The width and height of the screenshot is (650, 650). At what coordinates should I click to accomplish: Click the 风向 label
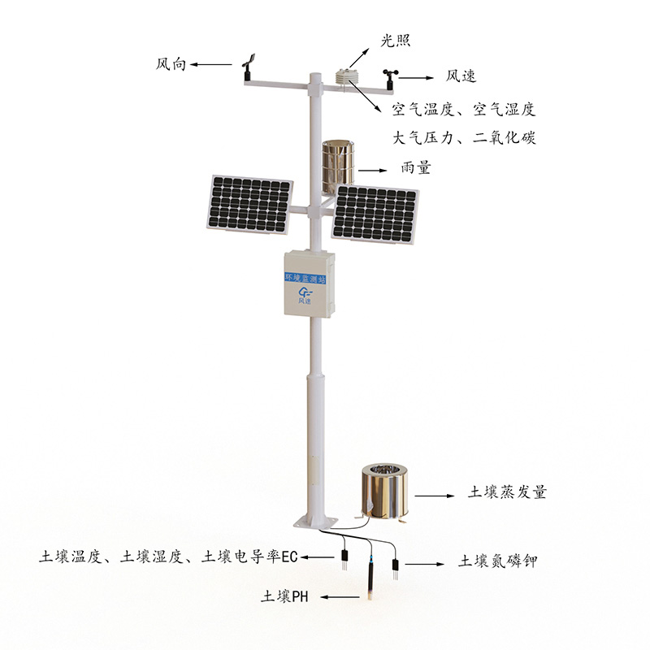point(171,64)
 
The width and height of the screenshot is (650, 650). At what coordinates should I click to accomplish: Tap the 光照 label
point(396,41)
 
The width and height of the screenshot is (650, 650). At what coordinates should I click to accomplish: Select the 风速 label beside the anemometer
point(461,76)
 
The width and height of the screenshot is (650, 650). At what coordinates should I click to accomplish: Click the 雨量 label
point(416,167)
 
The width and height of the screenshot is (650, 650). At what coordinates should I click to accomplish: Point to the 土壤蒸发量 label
point(507,492)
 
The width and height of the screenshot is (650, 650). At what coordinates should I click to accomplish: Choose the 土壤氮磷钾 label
point(497,561)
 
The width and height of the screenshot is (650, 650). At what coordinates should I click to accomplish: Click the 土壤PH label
point(285,597)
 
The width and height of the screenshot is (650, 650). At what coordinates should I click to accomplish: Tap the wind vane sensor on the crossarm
point(248,67)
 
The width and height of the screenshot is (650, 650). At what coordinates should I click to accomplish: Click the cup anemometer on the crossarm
point(390,79)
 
